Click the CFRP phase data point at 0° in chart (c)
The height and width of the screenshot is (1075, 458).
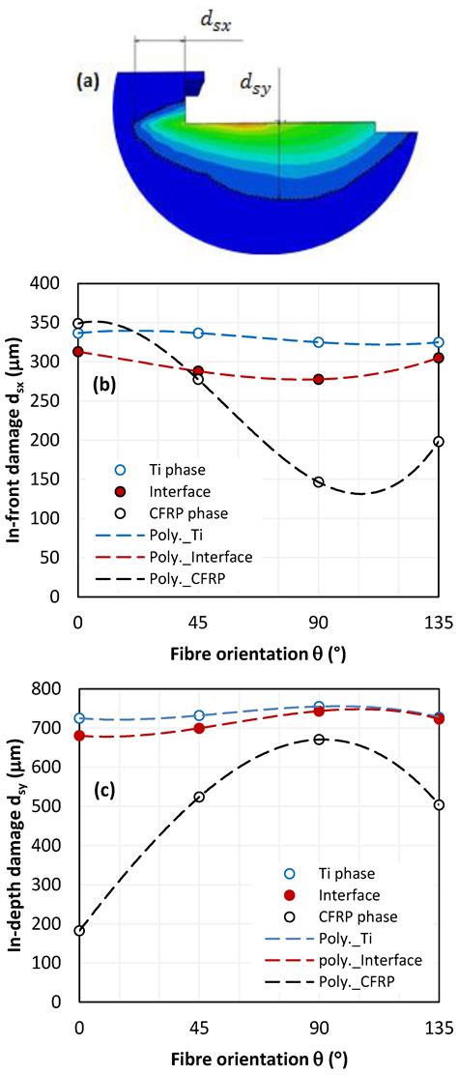[79, 930]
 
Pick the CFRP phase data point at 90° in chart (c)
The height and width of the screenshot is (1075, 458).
[319, 739]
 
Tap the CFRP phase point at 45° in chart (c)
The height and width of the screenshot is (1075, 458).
[198, 797]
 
